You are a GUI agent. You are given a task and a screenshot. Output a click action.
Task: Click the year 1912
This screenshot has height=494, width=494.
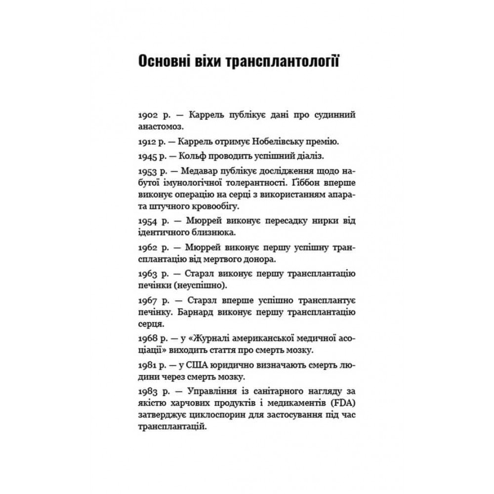click(x=147, y=142)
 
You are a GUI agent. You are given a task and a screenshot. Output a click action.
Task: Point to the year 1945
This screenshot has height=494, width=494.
click(x=147, y=156)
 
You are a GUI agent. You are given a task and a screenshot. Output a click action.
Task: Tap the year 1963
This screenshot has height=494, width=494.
click(x=147, y=274)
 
